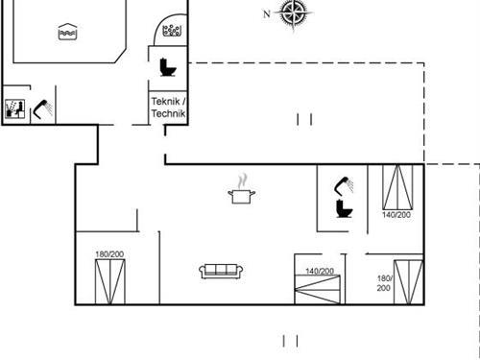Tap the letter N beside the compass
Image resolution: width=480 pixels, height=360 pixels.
267,13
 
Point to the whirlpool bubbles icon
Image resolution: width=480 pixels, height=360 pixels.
172,32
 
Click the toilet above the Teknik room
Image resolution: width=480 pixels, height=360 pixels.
168,66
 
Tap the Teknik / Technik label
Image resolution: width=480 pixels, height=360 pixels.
168,108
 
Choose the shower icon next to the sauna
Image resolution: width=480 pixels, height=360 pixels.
41,108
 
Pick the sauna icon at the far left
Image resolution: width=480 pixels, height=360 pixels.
14,108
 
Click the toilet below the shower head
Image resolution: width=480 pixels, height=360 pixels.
342,209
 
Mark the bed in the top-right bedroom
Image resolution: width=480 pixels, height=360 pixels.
396,186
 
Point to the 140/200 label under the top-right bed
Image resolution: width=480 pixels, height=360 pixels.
396,215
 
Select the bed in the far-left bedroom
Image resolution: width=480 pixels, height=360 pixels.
108,280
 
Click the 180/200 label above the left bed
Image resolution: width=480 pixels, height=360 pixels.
108,253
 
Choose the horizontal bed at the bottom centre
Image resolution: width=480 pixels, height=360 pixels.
319,290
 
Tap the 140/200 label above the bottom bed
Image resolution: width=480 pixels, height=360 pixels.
319,272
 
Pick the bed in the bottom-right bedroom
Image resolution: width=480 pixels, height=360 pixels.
408,279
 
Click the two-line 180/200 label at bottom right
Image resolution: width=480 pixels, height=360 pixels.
383,282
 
